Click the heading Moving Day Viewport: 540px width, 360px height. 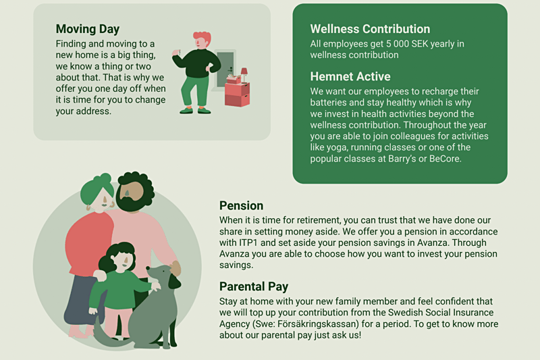pyautogui.click(x=88, y=29)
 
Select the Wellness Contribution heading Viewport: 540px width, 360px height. pyautogui.click(x=370, y=29)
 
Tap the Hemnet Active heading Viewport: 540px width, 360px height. pyautogui.click(x=350, y=76)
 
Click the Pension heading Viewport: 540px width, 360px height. pyautogui.click(x=241, y=205)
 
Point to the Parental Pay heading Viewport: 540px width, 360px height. pyautogui.click(x=254, y=286)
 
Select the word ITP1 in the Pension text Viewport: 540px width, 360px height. pyautogui.click(x=248, y=242)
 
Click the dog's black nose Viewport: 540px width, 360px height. pyautogui.click(x=148, y=267)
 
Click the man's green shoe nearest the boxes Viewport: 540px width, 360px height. pyautogui.click(x=205, y=111)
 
